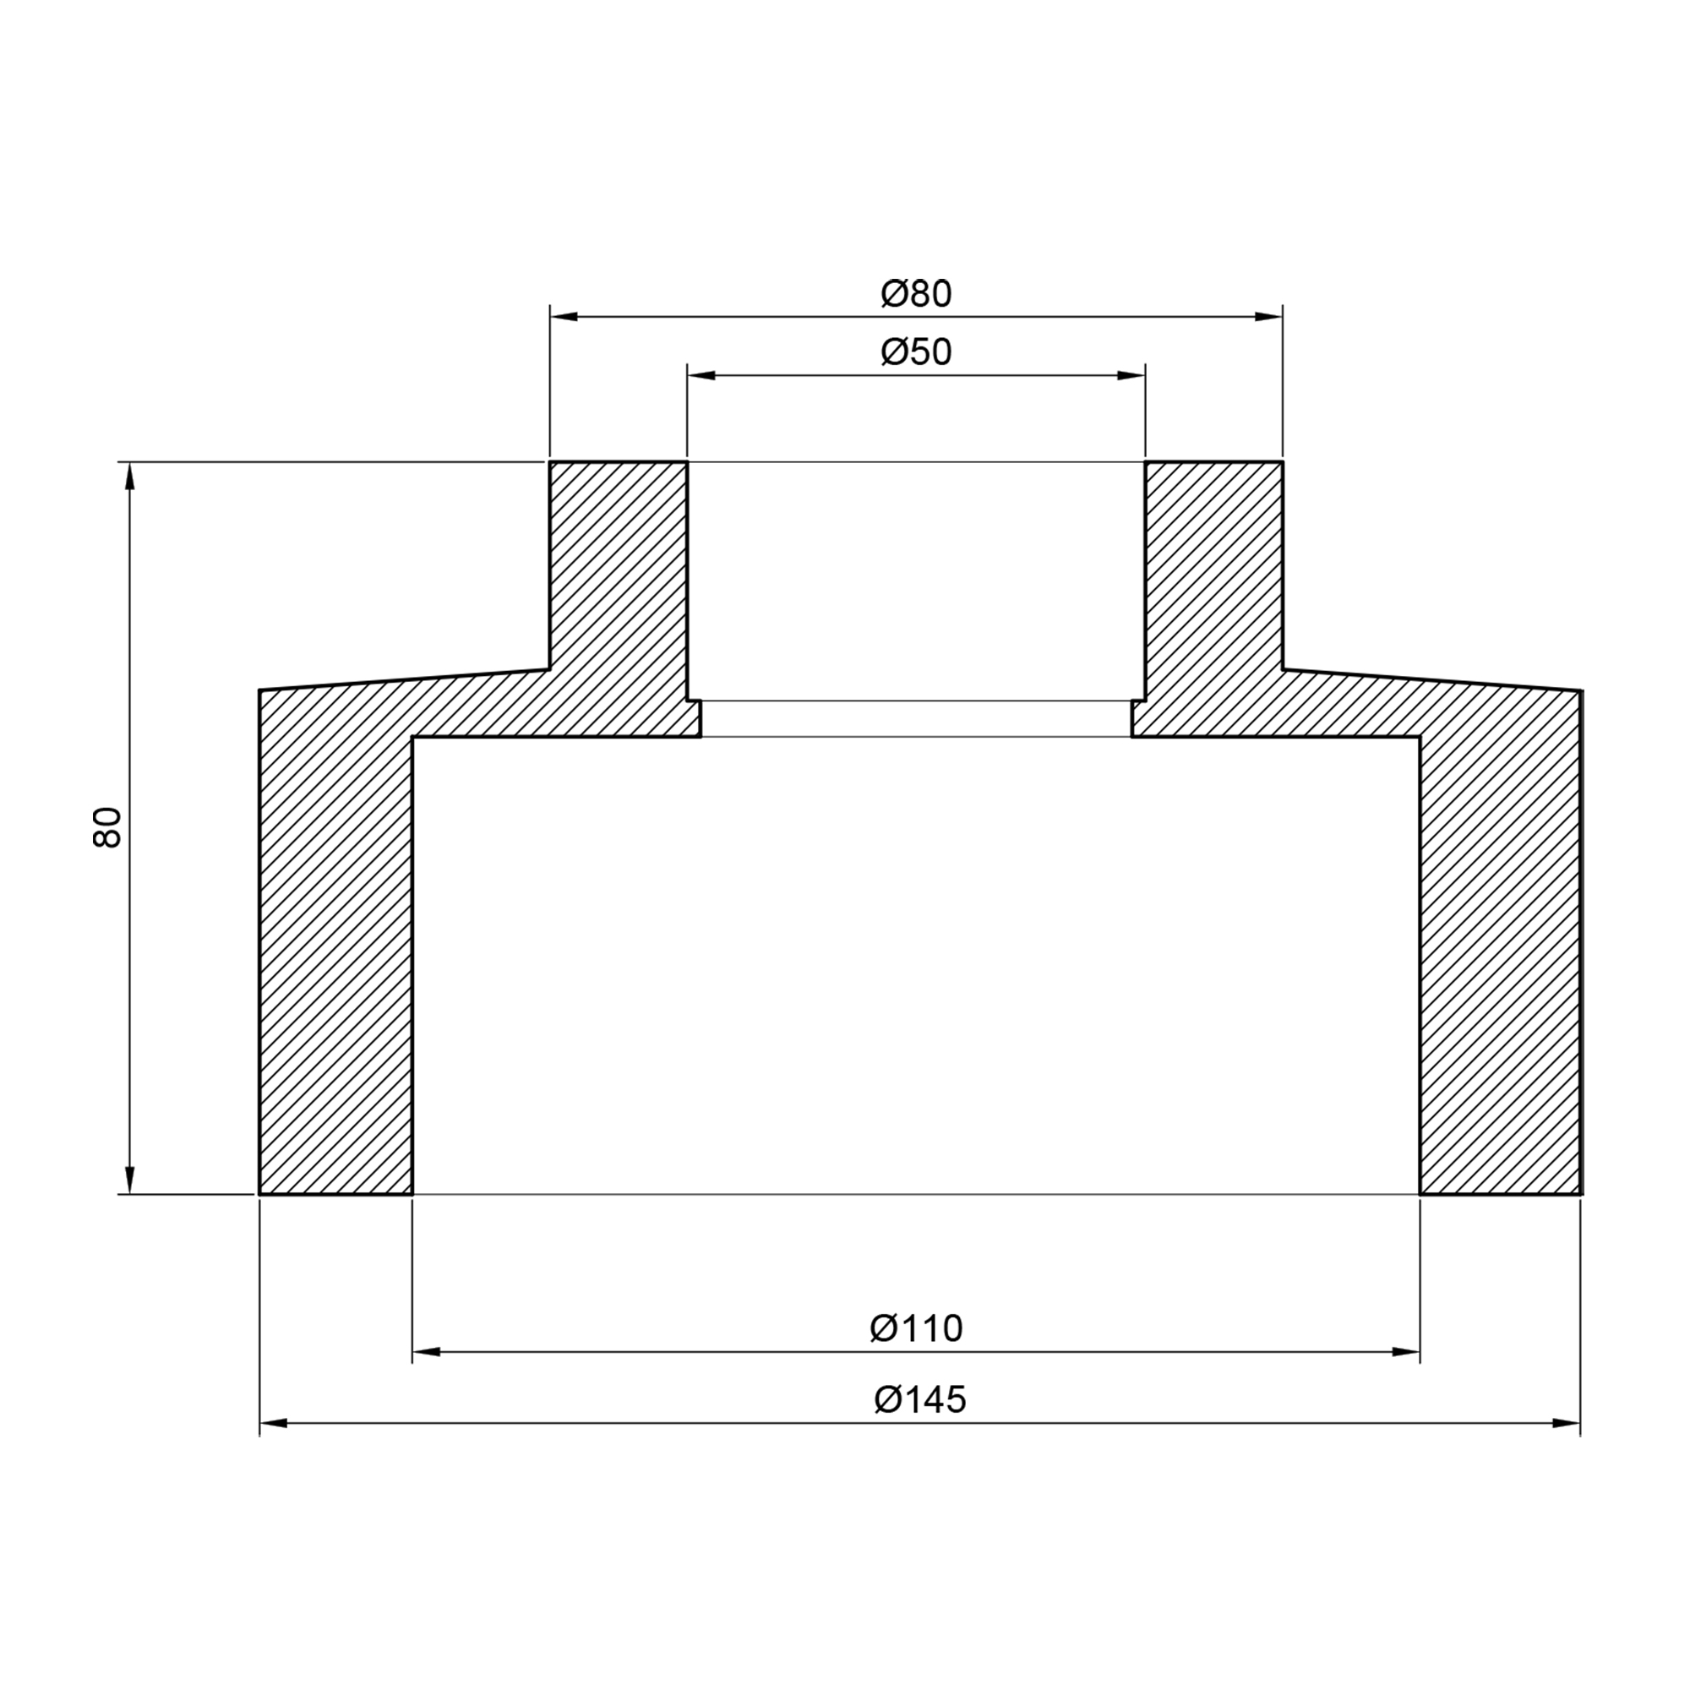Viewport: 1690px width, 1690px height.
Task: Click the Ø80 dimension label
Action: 916,295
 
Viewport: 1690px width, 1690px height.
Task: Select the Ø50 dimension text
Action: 916,352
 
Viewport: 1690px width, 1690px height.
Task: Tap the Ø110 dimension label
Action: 916,1328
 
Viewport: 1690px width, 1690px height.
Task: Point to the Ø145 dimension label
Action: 920,1399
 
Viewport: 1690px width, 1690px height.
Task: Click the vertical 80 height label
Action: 106,827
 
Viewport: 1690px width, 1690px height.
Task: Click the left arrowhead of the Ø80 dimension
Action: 564,317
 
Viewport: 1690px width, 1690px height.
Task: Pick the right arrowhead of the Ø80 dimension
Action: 1268,317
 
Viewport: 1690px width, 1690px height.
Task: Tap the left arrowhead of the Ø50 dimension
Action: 701,376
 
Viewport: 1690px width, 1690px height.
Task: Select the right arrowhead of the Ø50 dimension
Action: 1131,376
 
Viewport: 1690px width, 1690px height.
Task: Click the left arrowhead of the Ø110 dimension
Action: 427,1352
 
